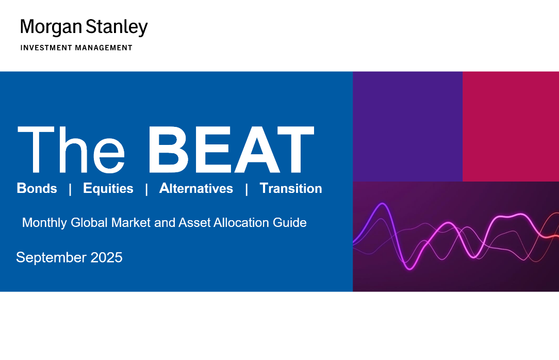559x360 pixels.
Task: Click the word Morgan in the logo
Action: pos(51,27)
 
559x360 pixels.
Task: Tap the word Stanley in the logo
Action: pos(117,27)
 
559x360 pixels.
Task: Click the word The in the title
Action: pos(71,150)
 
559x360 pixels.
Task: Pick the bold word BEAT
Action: pos(231,150)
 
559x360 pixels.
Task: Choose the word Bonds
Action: pos(37,188)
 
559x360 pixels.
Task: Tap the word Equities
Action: pos(108,188)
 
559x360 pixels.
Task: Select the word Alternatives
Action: pos(196,188)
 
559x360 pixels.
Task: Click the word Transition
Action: pos(291,188)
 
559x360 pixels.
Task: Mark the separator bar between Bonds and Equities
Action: pos(70,189)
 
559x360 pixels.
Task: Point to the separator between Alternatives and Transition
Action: pos(246,189)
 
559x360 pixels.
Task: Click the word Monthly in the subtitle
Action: pos(44,223)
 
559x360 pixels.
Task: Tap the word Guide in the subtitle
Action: pos(290,222)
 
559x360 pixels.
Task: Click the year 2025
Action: pos(107,257)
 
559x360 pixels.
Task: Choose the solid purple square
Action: pos(407,126)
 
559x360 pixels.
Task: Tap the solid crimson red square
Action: pos(511,126)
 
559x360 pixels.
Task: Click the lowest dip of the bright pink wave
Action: pos(409,268)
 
